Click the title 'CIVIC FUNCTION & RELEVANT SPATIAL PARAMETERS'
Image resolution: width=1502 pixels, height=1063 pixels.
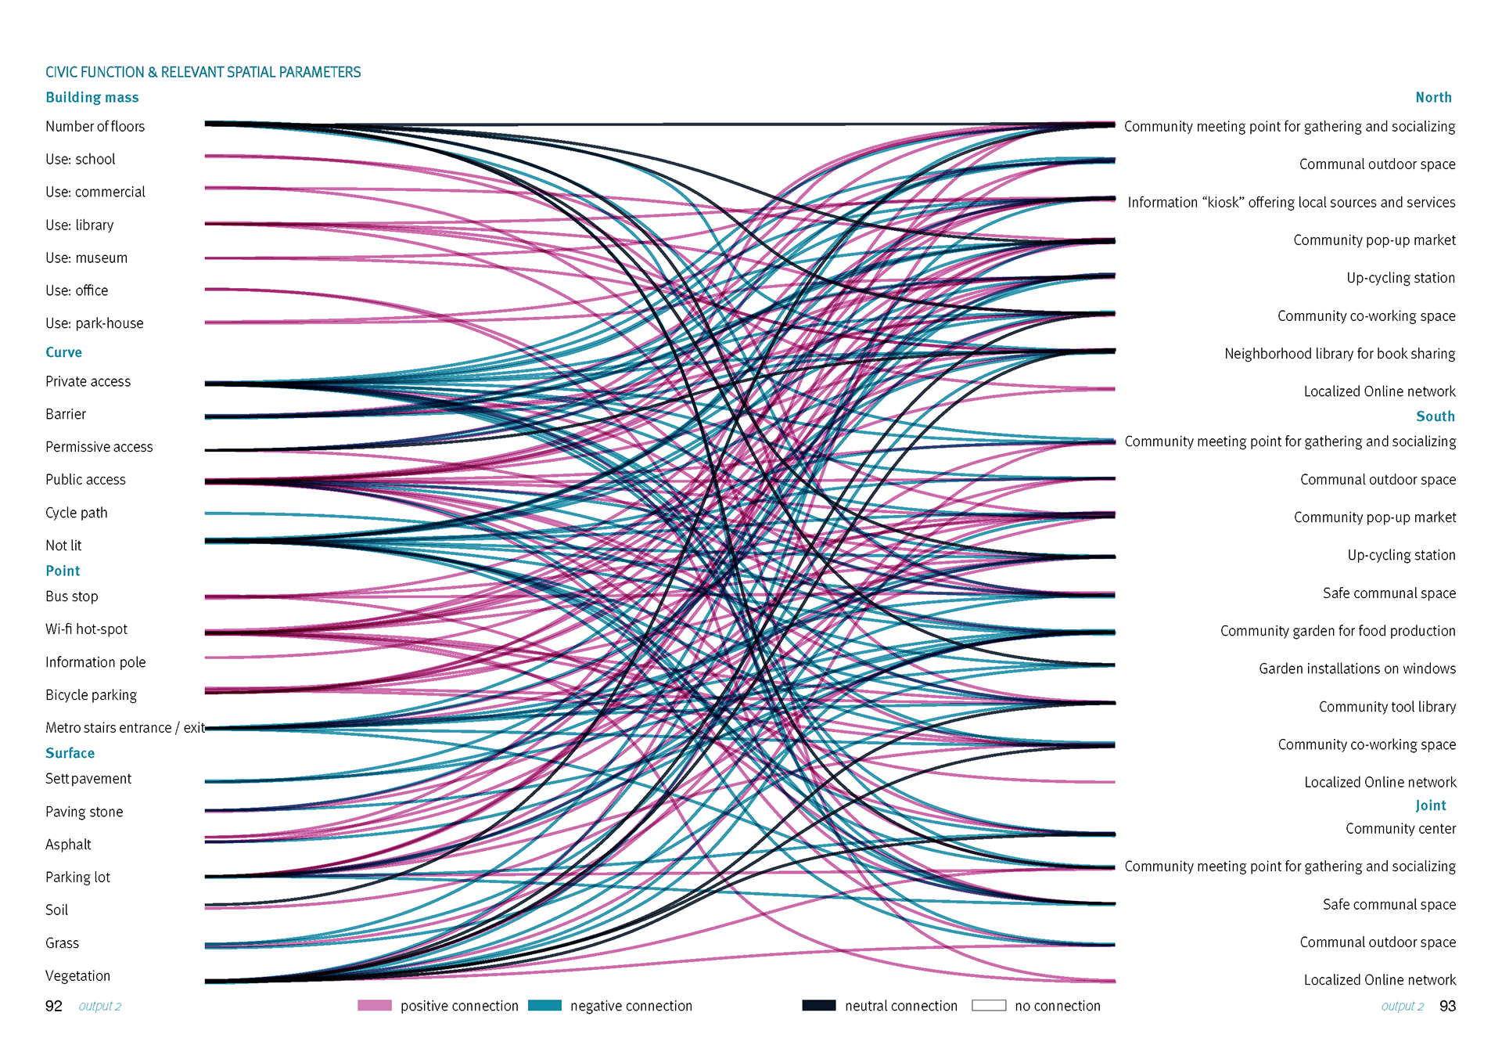[x=203, y=72]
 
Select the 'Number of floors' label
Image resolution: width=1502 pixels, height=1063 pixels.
[x=95, y=126]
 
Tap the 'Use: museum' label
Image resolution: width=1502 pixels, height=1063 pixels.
[x=86, y=258]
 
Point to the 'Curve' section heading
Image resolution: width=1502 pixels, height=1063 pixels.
[x=63, y=352]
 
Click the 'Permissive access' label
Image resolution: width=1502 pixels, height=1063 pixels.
[x=99, y=447]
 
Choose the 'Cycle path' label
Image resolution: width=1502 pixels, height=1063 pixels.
[x=76, y=513]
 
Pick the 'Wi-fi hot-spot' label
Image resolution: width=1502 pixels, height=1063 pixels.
[x=86, y=629]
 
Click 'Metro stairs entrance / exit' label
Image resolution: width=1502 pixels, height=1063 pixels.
[x=124, y=728]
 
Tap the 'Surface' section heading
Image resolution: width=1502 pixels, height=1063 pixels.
[x=70, y=753]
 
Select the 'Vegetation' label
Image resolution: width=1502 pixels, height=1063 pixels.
[x=77, y=976]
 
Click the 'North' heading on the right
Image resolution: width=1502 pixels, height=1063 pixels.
[x=1433, y=97]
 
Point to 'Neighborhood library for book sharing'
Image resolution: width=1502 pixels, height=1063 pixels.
[x=1339, y=354]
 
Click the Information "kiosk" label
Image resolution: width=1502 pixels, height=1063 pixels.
[x=1291, y=203]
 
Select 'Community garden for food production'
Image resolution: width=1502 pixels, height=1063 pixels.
[x=1338, y=631]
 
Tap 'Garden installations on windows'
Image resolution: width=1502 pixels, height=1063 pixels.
[x=1357, y=668]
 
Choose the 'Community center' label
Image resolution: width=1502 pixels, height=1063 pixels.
[x=1400, y=828]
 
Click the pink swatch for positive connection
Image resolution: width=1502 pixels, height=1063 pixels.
[x=374, y=1006]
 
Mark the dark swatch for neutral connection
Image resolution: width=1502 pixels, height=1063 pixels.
[x=818, y=1006]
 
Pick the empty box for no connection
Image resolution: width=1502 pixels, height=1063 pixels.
[x=989, y=1006]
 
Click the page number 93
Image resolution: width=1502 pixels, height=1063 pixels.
[x=1447, y=1006]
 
